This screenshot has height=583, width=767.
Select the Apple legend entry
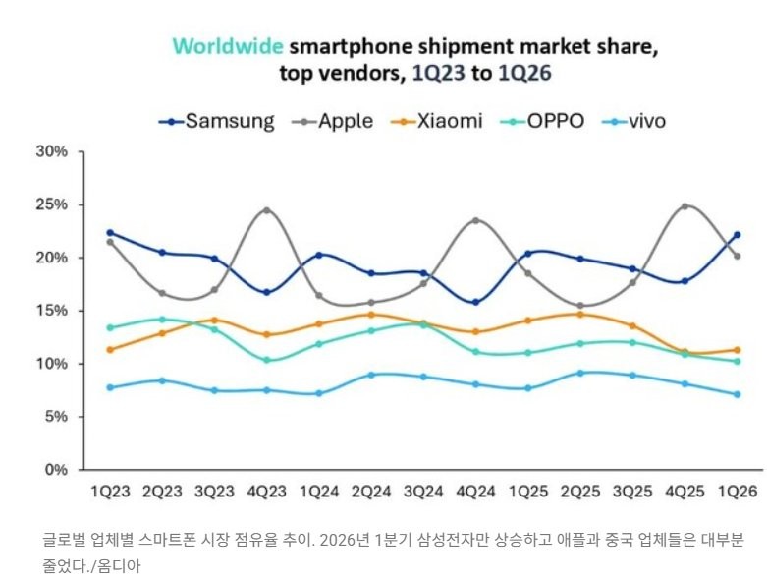pyautogui.click(x=331, y=122)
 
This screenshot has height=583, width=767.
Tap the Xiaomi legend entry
pyautogui.click(x=437, y=122)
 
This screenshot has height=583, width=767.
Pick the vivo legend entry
pyautogui.click(x=640, y=122)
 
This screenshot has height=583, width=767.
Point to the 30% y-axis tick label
pyautogui.click(x=51, y=152)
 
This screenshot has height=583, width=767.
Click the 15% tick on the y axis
pyautogui.click(x=51, y=311)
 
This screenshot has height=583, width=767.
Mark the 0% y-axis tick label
pyautogui.click(x=56, y=470)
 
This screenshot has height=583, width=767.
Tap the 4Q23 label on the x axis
pyautogui.click(x=267, y=491)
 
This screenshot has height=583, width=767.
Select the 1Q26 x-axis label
pyautogui.click(x=737, y=491)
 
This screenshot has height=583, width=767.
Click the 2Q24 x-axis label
pyautogui.click(x=372, y=491)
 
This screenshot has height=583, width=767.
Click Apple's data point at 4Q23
pyautogui.click(x=267, y=210)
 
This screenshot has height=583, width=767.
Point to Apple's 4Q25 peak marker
pyautogui.click(x=685, y=206)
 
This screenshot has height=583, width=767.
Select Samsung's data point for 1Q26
pyautogui.click(x=737, y=235)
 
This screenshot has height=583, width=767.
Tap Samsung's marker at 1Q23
pyautogui.click(x=110, y=233)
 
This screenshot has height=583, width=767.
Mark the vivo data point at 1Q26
pyautogui.click(x=737, y=394)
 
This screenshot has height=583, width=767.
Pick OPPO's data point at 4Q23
pyautogui.click(x=267, y=360)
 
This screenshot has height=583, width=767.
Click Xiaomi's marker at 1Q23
pyautogui.click(x=110, y=349)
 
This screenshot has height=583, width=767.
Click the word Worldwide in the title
pyautogui.click(x=228, y=46)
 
